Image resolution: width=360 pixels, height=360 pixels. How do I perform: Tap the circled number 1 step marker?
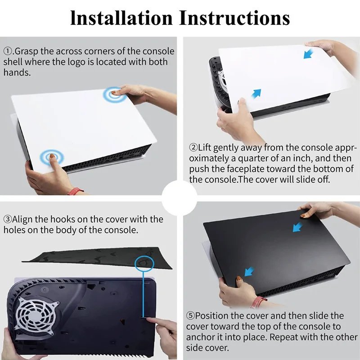(8, 51)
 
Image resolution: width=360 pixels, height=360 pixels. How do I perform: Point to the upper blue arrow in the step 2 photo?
(309, 54)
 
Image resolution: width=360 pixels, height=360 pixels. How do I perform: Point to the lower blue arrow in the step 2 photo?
(256, 93)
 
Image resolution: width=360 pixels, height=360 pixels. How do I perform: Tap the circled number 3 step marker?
(8, 220)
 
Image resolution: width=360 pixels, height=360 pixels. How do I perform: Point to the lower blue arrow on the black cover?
(248, 270)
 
